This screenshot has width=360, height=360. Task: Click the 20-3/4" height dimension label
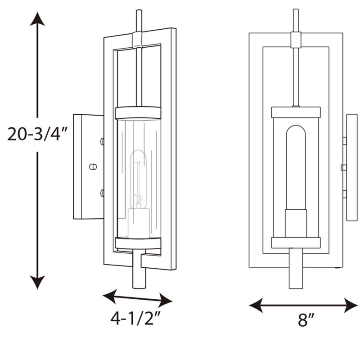(x=37, y=134)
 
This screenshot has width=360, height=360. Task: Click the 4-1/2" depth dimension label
(x=135, y=318)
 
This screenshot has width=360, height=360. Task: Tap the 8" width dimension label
(x=306, y=319)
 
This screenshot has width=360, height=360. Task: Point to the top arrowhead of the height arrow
(x=37, y=19)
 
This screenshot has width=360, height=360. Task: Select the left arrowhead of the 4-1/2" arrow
(x=109, y=297)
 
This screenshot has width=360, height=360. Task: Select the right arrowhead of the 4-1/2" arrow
(x=165, y=300)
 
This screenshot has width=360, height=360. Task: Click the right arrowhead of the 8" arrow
(x=351, y=306)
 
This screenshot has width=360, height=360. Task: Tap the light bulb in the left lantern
(x=138, y=179)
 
